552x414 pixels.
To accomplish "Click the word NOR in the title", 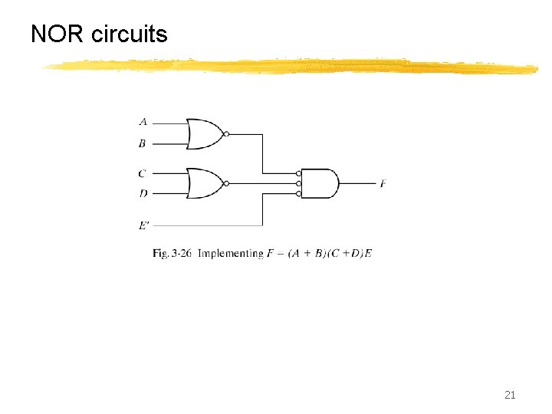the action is click(58, 34).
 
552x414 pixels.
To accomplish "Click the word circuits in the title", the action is click(129, 34).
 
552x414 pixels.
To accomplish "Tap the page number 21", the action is click(510, 395).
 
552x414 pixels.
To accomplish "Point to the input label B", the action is click(143, 143).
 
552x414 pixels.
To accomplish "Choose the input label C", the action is click(143, 173).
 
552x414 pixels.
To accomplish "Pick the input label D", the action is click(143, 194).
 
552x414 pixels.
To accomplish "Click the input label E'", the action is click(144, 225).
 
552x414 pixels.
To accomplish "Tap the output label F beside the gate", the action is click(383, 184).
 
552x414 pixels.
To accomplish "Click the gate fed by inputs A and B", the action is click(204, 133).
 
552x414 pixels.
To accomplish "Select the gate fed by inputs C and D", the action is click(204, 184).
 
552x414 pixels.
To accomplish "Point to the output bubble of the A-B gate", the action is click(226, 133).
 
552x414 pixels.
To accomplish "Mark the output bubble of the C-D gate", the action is click(226, 184).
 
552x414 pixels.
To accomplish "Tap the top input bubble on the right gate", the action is click(299, 174).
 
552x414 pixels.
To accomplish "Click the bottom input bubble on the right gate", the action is click(299, 194).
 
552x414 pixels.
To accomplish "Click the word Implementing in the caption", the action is click(230, 253).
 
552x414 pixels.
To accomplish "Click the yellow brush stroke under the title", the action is click(291, 67).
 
